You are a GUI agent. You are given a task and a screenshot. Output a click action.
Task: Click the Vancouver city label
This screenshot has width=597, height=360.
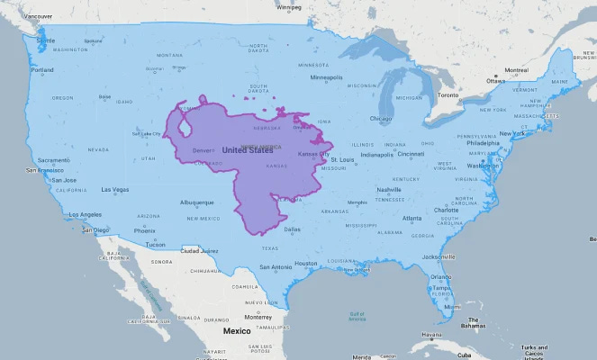(x=37, y=16)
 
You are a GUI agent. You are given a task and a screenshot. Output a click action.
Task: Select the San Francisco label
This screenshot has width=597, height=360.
(x=43, y=169)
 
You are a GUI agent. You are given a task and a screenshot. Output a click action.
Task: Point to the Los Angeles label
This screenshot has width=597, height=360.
(x=86, y=214)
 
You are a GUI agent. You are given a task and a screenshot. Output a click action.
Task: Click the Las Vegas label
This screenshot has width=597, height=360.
(x=114, y=190)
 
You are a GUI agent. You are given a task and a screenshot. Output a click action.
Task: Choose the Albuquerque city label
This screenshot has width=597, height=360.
(x=197, y=202)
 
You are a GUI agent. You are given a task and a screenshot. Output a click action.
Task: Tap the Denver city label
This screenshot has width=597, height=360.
(x=203, y=149)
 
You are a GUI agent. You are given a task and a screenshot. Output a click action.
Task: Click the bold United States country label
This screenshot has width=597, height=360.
(x=247, y=150)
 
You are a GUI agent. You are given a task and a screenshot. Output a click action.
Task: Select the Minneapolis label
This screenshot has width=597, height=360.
(x=332, y=77)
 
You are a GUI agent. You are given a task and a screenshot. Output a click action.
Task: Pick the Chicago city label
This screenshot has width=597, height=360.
(x=379, y=118)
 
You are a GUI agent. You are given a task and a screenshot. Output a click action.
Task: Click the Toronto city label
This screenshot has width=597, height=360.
(x=448, y=94)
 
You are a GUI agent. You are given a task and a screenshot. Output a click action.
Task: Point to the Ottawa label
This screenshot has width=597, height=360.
(x=496, y=80)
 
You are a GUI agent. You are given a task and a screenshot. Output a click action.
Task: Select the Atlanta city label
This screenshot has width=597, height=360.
(x=412, y=218)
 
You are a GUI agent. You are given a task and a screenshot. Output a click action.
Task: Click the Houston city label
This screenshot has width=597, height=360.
(x=306, y=263)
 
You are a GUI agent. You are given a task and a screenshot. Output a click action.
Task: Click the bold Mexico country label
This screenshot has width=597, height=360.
(x=237, y=330)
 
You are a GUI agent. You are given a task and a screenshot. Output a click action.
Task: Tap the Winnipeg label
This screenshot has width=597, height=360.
(x=289, y=7)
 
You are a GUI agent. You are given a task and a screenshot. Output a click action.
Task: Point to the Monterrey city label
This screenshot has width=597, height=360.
(x=258, y=317)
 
